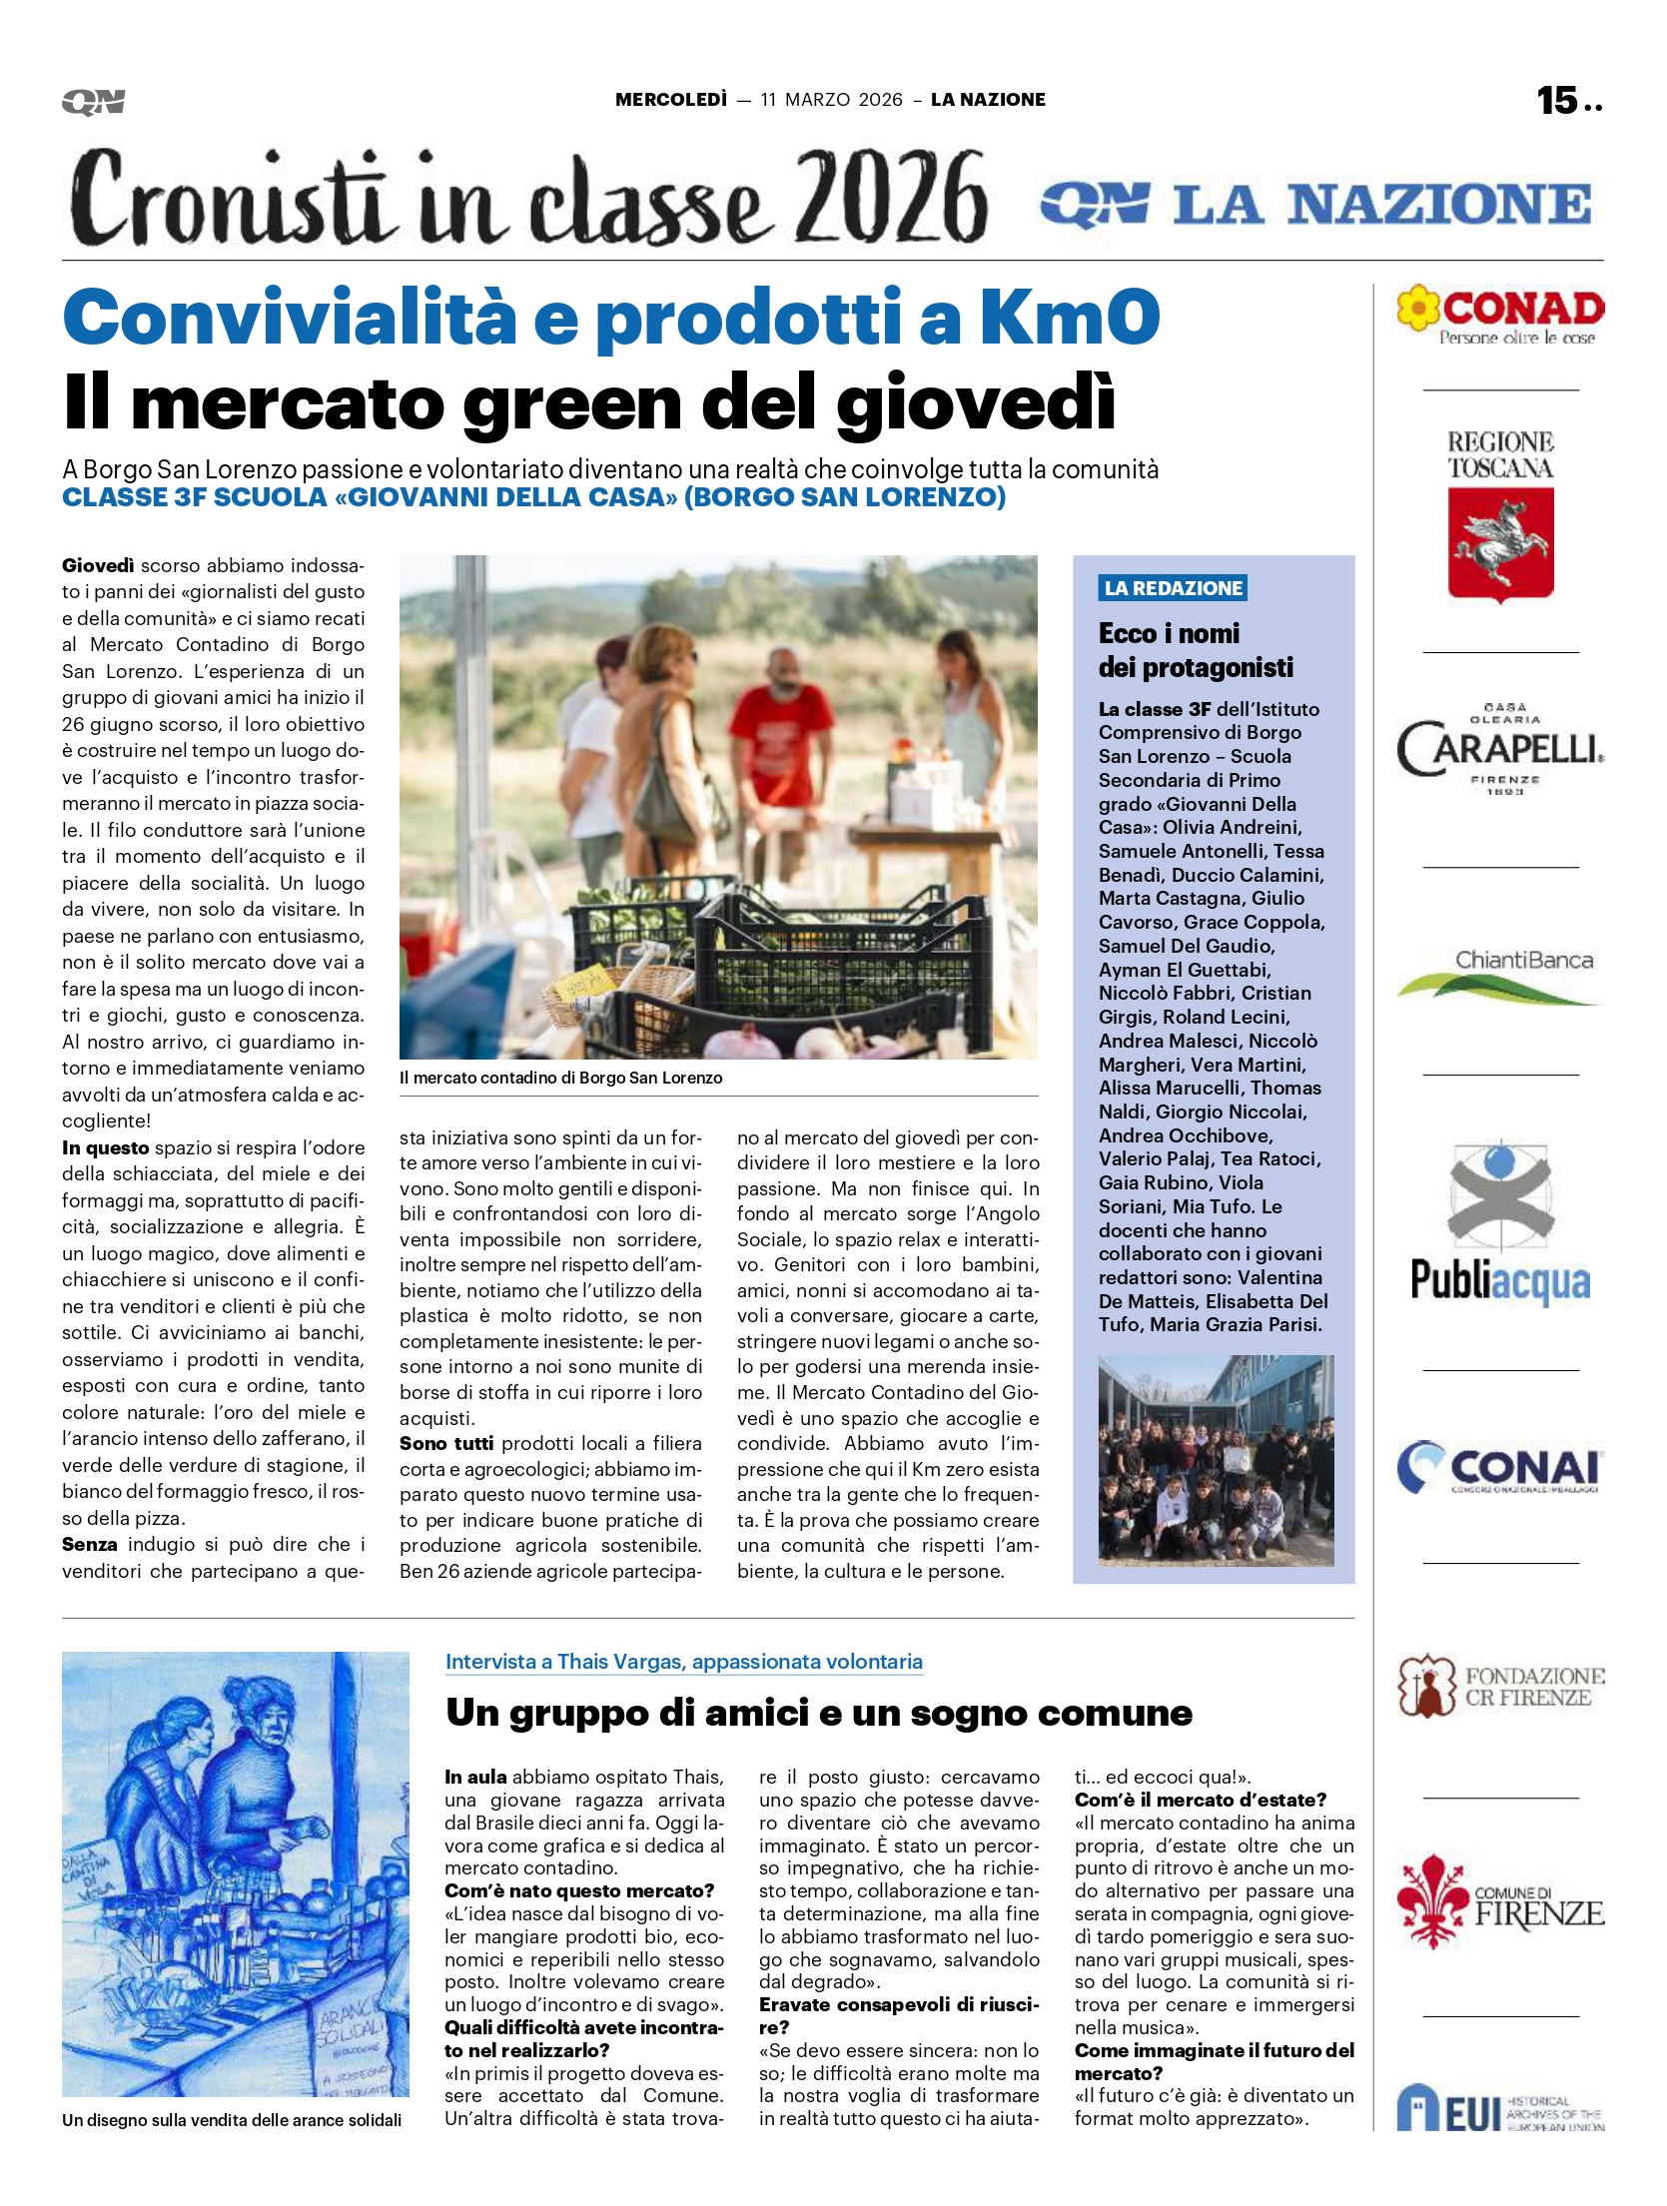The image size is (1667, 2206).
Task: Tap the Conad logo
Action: pyautogui.click(x=1500, y=316)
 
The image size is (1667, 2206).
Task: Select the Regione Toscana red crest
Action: pyautogui.click(x=1500, y=544)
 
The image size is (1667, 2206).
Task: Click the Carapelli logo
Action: pyautogui.click(x=1500, y=749)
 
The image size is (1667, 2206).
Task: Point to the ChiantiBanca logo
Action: pyautogui.click(x=1500, y=973)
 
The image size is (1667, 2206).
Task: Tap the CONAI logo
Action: pyautogui.click(x=1500, y=1468)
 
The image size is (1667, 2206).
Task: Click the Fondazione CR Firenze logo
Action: pyautogui.click(x=1500, y=1686)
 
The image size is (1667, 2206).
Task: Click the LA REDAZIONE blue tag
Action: pyautogui.click(x=1173, y=588)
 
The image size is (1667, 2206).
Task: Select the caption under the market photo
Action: pyautogui.click(x=560, y=1078)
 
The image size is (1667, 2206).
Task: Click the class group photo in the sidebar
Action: pyautogui.click(x=1216, y=1460)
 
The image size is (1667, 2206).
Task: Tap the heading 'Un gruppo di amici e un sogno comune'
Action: pyautogui.click(x=819, y=1712)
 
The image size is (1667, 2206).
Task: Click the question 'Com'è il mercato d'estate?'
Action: pyautogui.click(x=1200, y=1800)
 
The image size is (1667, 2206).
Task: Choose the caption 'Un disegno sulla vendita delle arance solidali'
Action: pyautogui.click(x=232, y=2120)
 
